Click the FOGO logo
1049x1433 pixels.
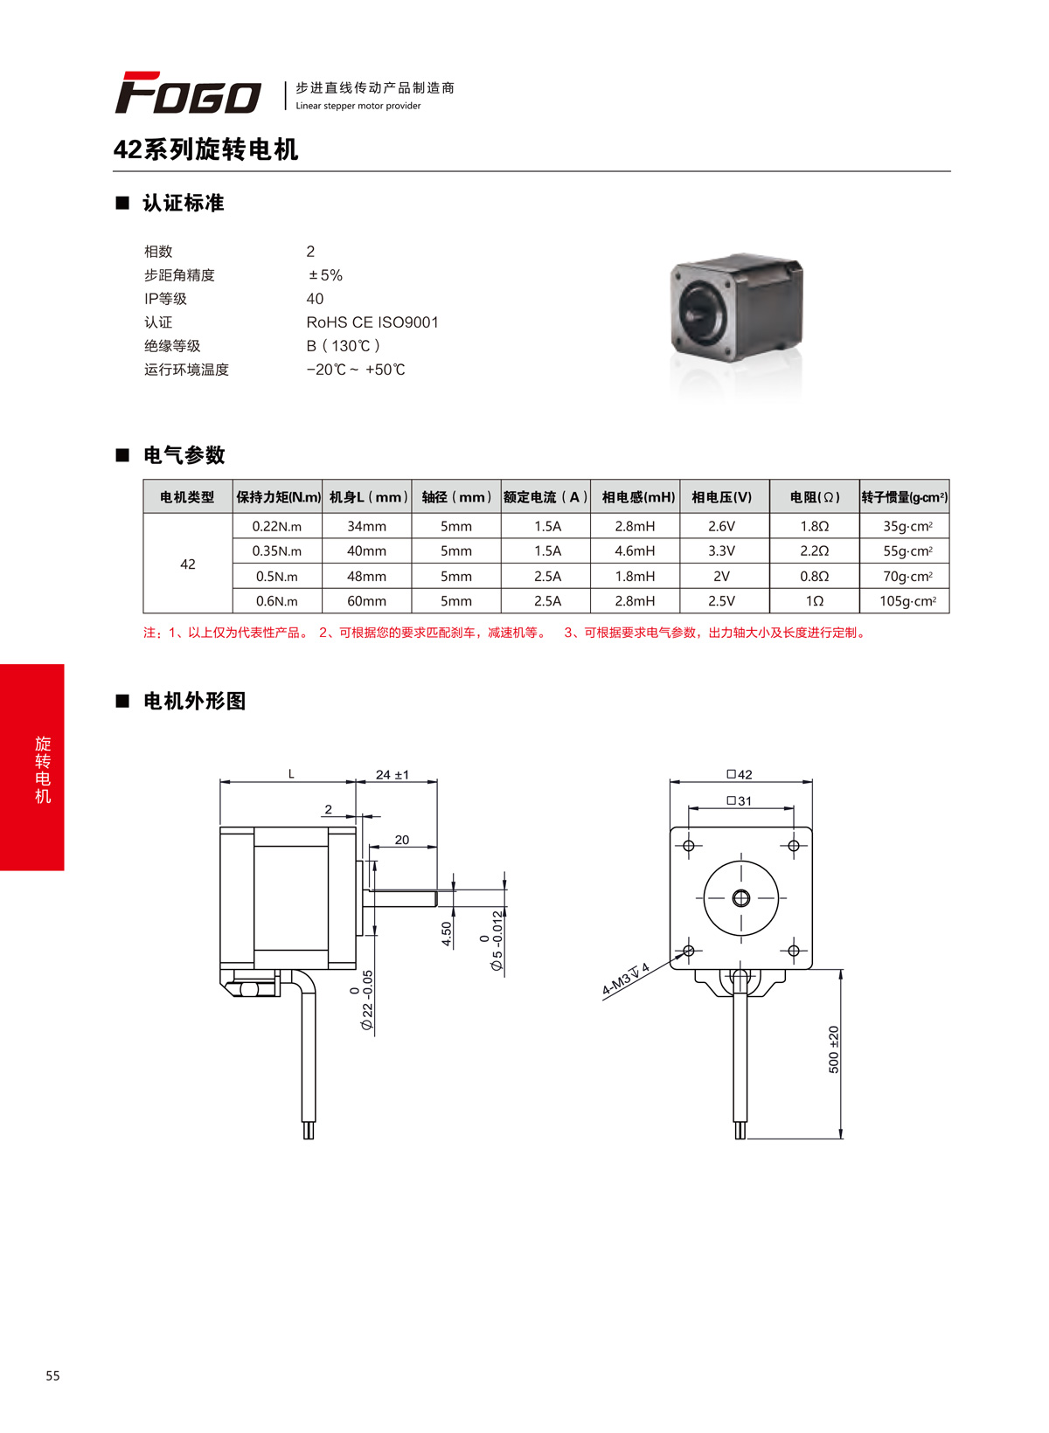188,93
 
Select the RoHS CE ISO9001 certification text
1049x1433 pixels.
372,322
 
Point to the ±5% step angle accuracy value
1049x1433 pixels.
325,275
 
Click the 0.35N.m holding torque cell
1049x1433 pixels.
277,551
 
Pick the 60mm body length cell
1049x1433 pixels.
366,601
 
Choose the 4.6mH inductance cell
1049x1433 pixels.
635,551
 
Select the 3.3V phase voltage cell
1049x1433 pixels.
721,551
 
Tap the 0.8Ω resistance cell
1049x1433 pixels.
814,577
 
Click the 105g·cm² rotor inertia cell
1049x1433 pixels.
907,601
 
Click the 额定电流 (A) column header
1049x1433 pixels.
545,497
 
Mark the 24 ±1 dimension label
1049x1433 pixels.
393,775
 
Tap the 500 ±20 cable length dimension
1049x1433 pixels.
833,1049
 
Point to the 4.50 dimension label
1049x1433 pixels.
447,934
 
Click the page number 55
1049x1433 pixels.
52,1375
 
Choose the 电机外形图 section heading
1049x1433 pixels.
194,701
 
